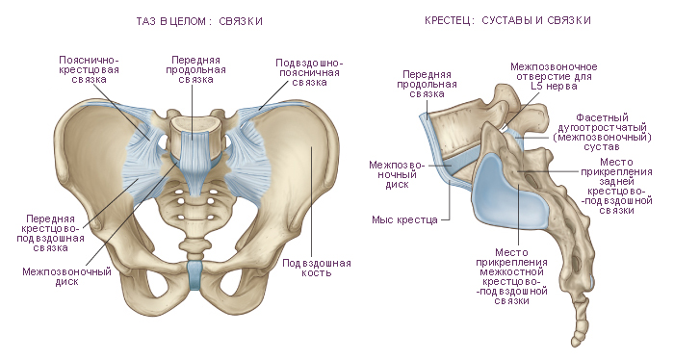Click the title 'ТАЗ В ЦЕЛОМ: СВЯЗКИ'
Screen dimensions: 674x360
pos(199,21)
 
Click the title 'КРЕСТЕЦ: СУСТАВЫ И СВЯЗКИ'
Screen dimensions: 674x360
pos(507,20)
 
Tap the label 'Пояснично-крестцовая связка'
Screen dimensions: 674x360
pos(89,69)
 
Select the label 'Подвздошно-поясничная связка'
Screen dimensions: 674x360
pos(309,72)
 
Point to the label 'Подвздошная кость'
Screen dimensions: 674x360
pos(317,268)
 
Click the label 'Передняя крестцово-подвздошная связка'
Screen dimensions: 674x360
pos(51,233)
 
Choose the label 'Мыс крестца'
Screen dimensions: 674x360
pos(404,220)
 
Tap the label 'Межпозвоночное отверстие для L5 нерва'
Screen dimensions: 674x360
pos(554,76)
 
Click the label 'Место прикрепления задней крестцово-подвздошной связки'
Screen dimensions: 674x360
pos(616,186)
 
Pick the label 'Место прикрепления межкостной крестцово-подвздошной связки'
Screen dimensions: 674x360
pos(511,276)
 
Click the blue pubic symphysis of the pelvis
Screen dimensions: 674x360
pos(194,274)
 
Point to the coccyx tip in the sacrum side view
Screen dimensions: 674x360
pos(576,343)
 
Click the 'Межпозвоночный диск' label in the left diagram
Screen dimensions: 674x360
pos(66,276)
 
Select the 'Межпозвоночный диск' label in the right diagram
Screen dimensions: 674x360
pos(397,175)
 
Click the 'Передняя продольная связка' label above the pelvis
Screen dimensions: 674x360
pos(195,69)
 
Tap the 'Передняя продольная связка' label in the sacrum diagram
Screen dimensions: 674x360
pos(427,84)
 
